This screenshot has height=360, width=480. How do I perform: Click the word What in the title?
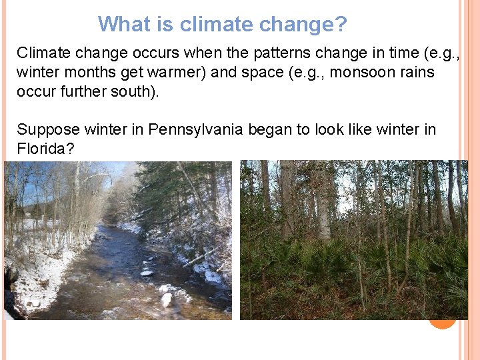click(124, 25)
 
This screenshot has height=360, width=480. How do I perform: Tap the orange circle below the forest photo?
click(441, 322)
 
